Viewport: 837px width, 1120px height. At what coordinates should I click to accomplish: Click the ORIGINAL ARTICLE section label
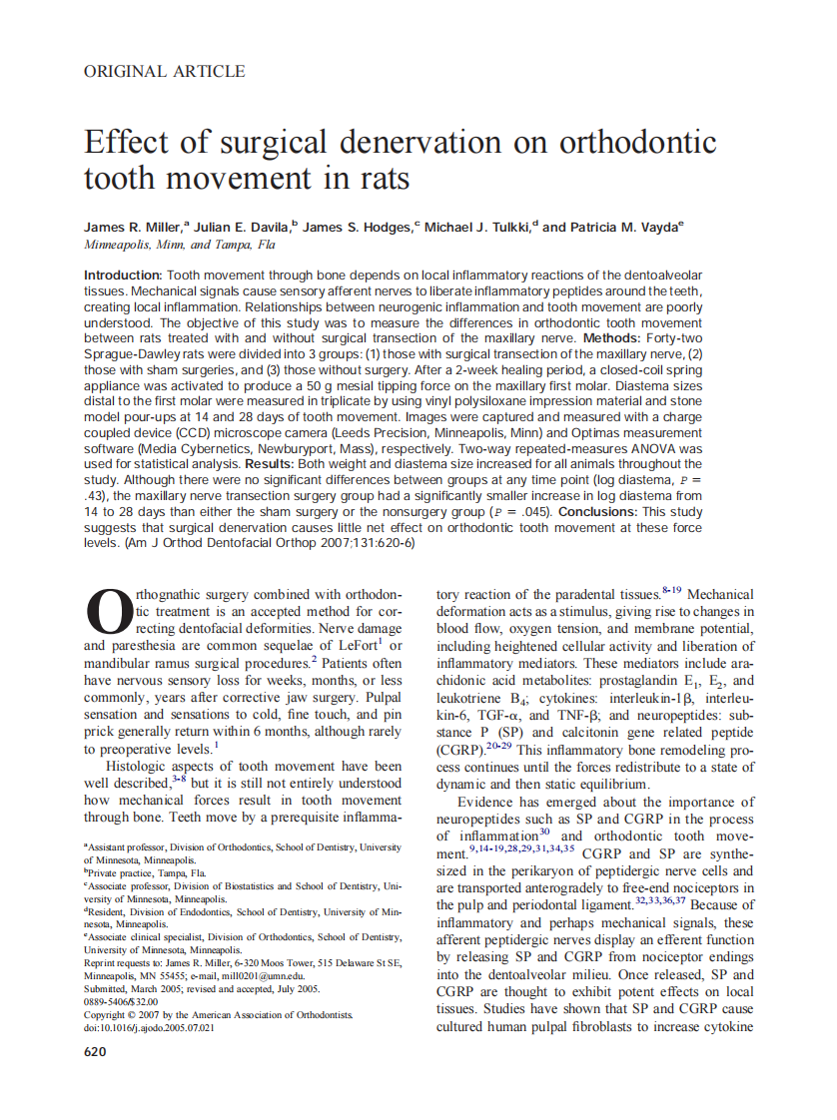[164, 71]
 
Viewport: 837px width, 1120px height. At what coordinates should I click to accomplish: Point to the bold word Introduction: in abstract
[123, 275]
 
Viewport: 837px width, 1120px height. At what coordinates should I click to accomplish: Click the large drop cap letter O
[109, 610]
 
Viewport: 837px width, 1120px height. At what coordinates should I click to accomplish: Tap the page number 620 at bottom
[96, 1052]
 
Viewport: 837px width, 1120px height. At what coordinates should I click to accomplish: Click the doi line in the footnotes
[149, 1027]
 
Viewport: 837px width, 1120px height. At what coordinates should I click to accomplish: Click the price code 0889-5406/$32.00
[121, 1001]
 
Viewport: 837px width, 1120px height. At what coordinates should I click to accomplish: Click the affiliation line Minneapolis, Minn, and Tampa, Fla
[180, 246]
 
